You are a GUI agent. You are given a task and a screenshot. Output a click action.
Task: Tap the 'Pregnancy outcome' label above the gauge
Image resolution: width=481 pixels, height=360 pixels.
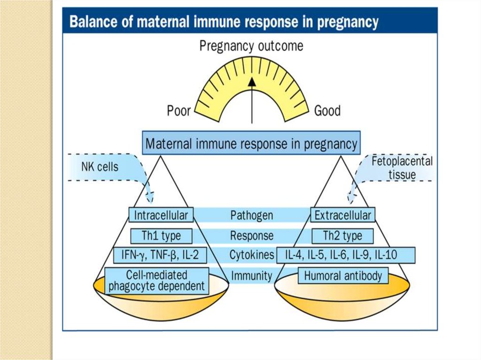tap(251, 46)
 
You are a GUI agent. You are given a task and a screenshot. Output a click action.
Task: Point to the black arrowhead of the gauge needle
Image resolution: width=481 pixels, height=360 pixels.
tap(252, 81)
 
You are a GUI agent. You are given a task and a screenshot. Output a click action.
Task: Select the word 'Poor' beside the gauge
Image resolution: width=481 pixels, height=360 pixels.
tap(179, 111)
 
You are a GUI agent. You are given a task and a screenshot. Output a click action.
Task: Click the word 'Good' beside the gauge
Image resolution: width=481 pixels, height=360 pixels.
tap(327, 111)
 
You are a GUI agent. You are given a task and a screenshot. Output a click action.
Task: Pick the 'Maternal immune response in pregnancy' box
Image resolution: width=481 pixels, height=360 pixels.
tap(251, 143)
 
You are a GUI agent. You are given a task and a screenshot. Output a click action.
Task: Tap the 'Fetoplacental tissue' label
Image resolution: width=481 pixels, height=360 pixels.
tap(402, 168)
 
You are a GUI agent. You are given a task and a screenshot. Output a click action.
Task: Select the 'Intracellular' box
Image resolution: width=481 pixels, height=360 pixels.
tap(161, 215)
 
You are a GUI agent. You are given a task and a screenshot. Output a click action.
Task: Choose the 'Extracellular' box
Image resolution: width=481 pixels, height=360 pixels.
tap(343, 215)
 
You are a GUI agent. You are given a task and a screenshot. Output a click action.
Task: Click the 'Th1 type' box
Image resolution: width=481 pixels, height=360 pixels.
tap(161, 235)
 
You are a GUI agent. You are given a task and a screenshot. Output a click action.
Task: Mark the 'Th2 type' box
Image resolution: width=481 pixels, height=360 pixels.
tap(343, 235)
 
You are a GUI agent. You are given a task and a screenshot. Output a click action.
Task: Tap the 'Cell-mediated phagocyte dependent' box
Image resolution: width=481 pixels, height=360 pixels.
tap(156, 280)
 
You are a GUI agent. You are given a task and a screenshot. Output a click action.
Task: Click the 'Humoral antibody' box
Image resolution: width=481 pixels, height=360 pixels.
tap(343, 276)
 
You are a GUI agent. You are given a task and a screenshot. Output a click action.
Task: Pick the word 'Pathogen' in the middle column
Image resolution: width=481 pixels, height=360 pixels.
tap(251, 215)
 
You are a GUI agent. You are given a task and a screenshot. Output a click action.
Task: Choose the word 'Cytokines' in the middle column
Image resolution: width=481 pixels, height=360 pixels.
tap(252, 255)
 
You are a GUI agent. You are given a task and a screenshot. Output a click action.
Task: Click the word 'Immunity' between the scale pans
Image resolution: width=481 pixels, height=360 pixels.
tap(251, 276)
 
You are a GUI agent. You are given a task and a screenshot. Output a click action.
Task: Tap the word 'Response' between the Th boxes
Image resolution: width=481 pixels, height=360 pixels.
tap(251, 235)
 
